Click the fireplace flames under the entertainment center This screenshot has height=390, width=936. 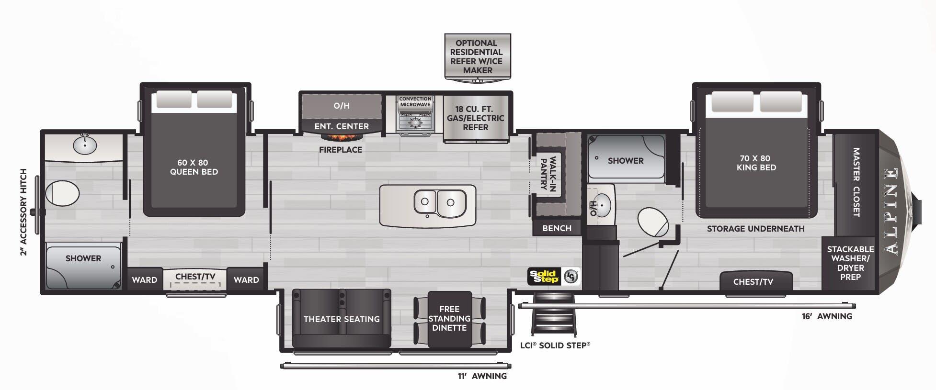(341, 138)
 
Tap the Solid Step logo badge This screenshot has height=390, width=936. (544, 277)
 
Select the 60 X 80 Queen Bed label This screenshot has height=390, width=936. (194, 167)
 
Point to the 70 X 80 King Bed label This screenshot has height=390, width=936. (756, 163)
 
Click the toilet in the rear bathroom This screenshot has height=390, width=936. (63, 193)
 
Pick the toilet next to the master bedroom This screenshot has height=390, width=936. (653, 222)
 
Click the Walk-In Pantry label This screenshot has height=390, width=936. (548, 173)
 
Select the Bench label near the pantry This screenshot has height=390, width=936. (557, 228)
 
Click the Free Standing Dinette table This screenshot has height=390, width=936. (449, 319)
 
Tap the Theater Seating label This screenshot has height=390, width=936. (342, 319)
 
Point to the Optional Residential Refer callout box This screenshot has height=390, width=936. (477, 56)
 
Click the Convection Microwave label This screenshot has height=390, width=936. (415, 102)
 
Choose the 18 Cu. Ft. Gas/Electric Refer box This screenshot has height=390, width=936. (475, 118)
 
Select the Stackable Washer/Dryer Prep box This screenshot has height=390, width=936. (850, 263)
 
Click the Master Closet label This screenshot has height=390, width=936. (856, 182)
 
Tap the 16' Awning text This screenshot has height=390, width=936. (827, 316)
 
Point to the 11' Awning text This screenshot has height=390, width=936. (482, 376)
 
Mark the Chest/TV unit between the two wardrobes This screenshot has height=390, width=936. (195, 279)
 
